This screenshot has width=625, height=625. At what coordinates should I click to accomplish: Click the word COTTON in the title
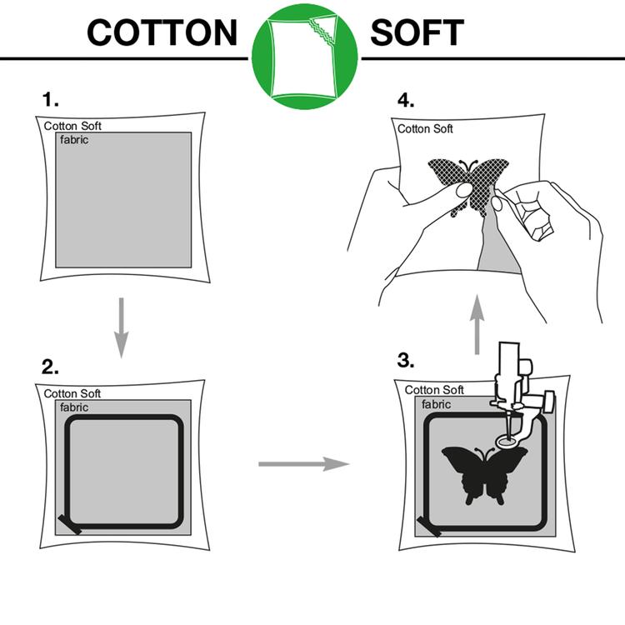[162, 32]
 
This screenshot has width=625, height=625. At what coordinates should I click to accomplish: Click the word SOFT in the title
[417, 32]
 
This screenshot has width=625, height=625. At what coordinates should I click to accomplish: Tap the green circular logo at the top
[304, 57]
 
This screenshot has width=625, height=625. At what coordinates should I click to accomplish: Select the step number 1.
[50, 99]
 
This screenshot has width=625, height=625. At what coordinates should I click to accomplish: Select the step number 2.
[50, 367]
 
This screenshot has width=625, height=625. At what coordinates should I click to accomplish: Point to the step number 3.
[405, 361]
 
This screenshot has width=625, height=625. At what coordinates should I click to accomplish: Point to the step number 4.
[406, 100]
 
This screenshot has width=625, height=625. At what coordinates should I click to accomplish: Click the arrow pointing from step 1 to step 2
[121, 327]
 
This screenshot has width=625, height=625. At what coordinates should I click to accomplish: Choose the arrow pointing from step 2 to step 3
[303, 464]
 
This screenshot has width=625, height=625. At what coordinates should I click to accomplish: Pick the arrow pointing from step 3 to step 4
[477, 324]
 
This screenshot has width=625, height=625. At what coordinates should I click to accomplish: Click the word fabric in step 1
[74, 140]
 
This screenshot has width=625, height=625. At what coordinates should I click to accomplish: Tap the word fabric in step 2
[74, 407]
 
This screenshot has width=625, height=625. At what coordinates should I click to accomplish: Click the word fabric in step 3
[436, 404]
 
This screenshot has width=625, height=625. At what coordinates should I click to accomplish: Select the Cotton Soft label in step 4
[425, 128]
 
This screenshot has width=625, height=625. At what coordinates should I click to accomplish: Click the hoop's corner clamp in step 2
[70, 524]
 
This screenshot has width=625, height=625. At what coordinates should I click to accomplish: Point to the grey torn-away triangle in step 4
[498, 247]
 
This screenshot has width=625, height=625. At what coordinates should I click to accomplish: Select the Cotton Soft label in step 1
[72, 126]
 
